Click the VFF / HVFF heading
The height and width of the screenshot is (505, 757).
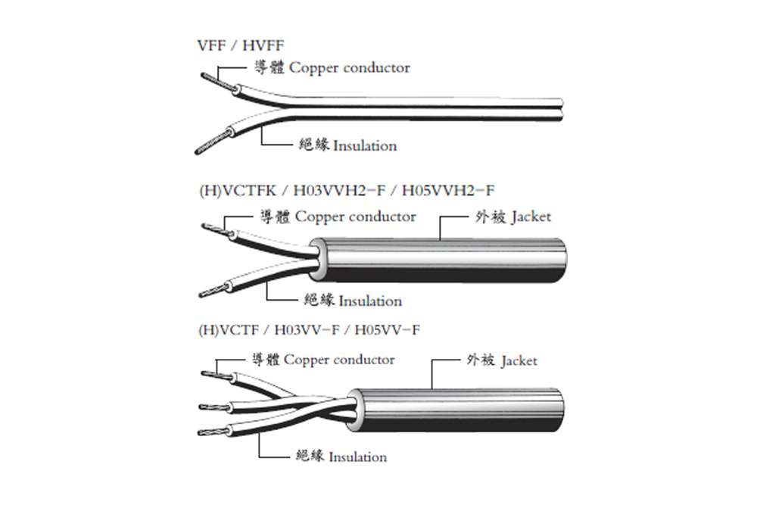241,45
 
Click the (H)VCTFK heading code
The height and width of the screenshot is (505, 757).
238,191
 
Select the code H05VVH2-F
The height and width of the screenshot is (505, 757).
448,191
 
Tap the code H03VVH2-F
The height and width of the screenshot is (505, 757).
339,191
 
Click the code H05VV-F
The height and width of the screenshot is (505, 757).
387,330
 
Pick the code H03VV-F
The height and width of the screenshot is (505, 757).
307,330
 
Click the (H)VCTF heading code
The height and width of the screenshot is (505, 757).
229,330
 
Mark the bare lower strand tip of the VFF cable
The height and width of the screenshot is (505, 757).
197,153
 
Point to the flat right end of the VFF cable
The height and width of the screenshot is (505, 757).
562,110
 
